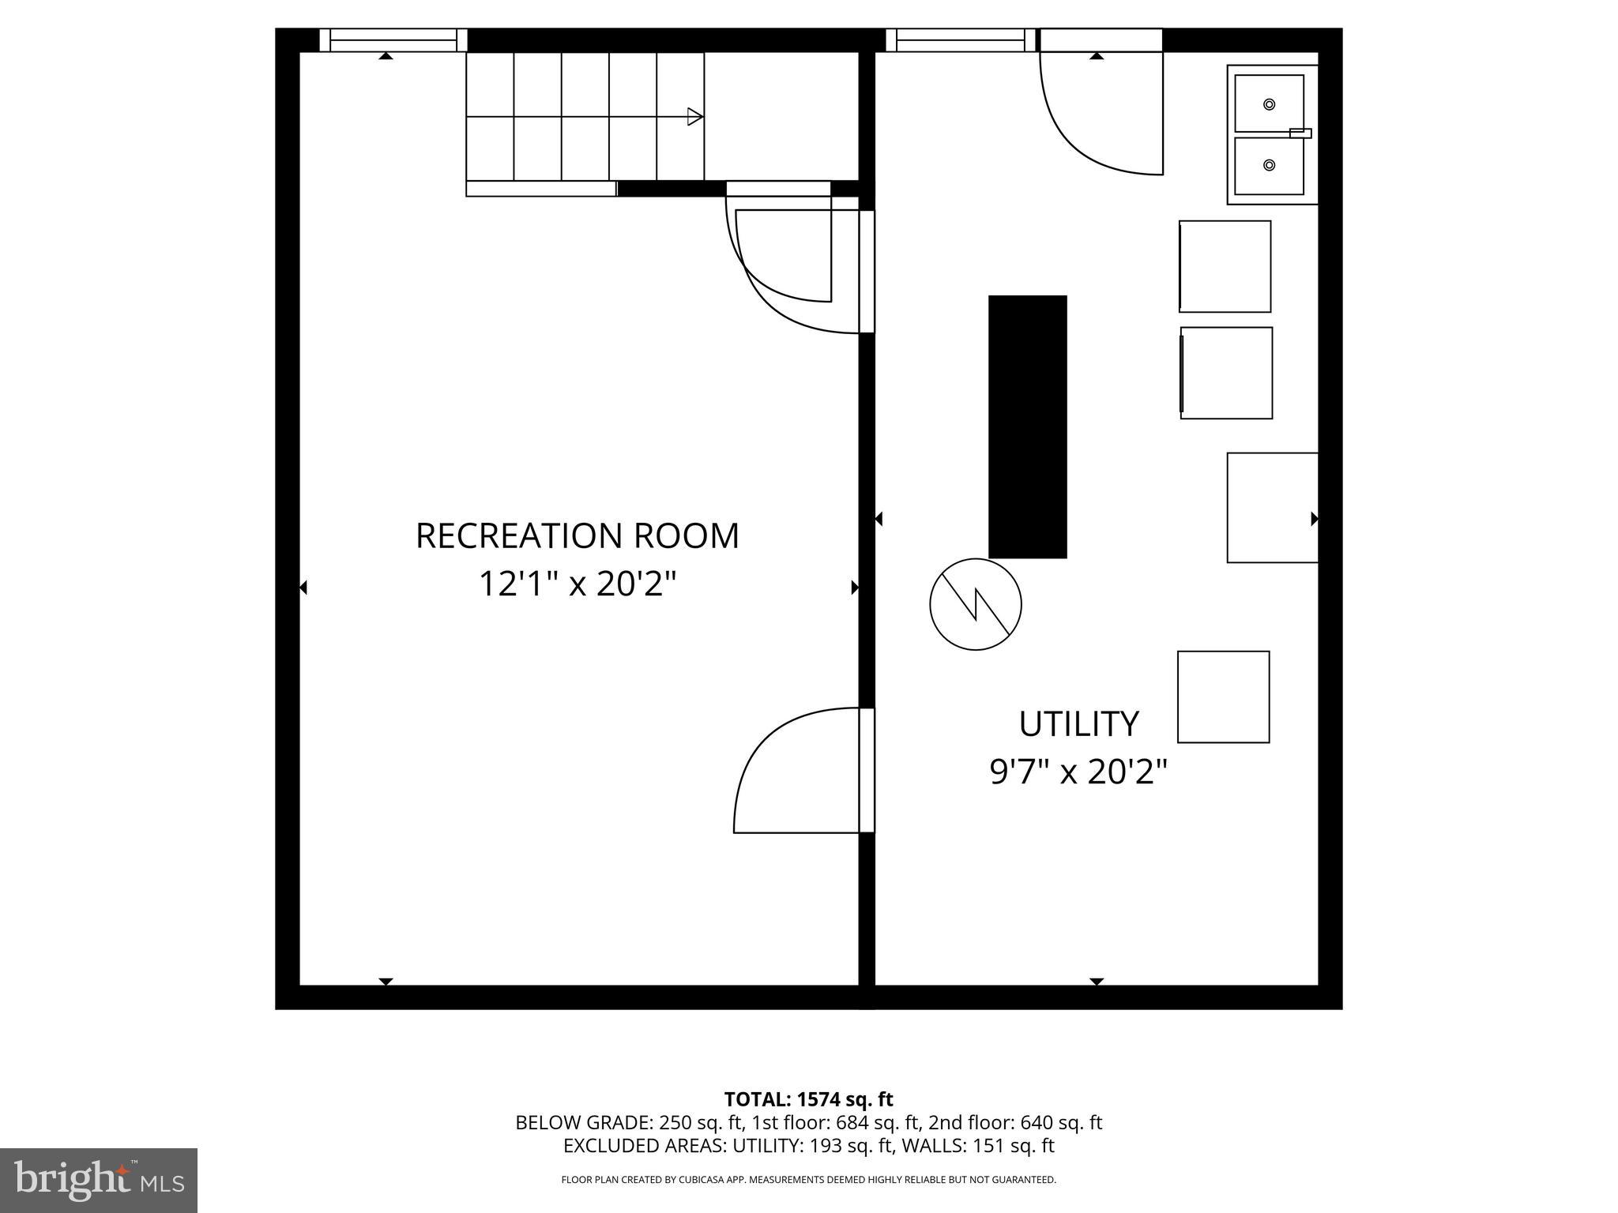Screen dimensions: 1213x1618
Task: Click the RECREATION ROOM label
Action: [x=578, y=535]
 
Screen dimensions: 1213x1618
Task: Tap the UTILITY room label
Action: [x=1078, y=723]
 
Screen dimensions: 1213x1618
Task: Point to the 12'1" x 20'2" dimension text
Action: [x=578, y=584]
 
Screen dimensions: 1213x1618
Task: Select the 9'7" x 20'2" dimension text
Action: [x=1078, y=772]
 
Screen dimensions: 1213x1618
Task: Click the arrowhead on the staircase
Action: [x=695, y=117]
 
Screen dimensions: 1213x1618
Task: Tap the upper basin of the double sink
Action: [x=1269, y=103]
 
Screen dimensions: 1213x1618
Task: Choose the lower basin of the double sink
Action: [x=1269, y=165]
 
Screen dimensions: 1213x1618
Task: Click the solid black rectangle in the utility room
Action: [x=1027, y=426]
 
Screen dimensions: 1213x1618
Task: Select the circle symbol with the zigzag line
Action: [x=976, y=604]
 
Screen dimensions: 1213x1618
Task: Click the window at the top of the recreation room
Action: [x=393, y=40]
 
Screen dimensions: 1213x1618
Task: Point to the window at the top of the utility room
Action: [x=960, y=40]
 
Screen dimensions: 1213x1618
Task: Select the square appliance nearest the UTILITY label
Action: [x=1223, y=697]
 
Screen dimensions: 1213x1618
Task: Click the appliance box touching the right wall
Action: [x=1272, y=507]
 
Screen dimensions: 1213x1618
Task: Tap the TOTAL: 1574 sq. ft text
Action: [x=808, y=1099]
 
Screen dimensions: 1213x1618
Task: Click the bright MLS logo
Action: [x=99, y=1180]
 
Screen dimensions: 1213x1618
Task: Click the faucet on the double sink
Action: [x=1300, y=133]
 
